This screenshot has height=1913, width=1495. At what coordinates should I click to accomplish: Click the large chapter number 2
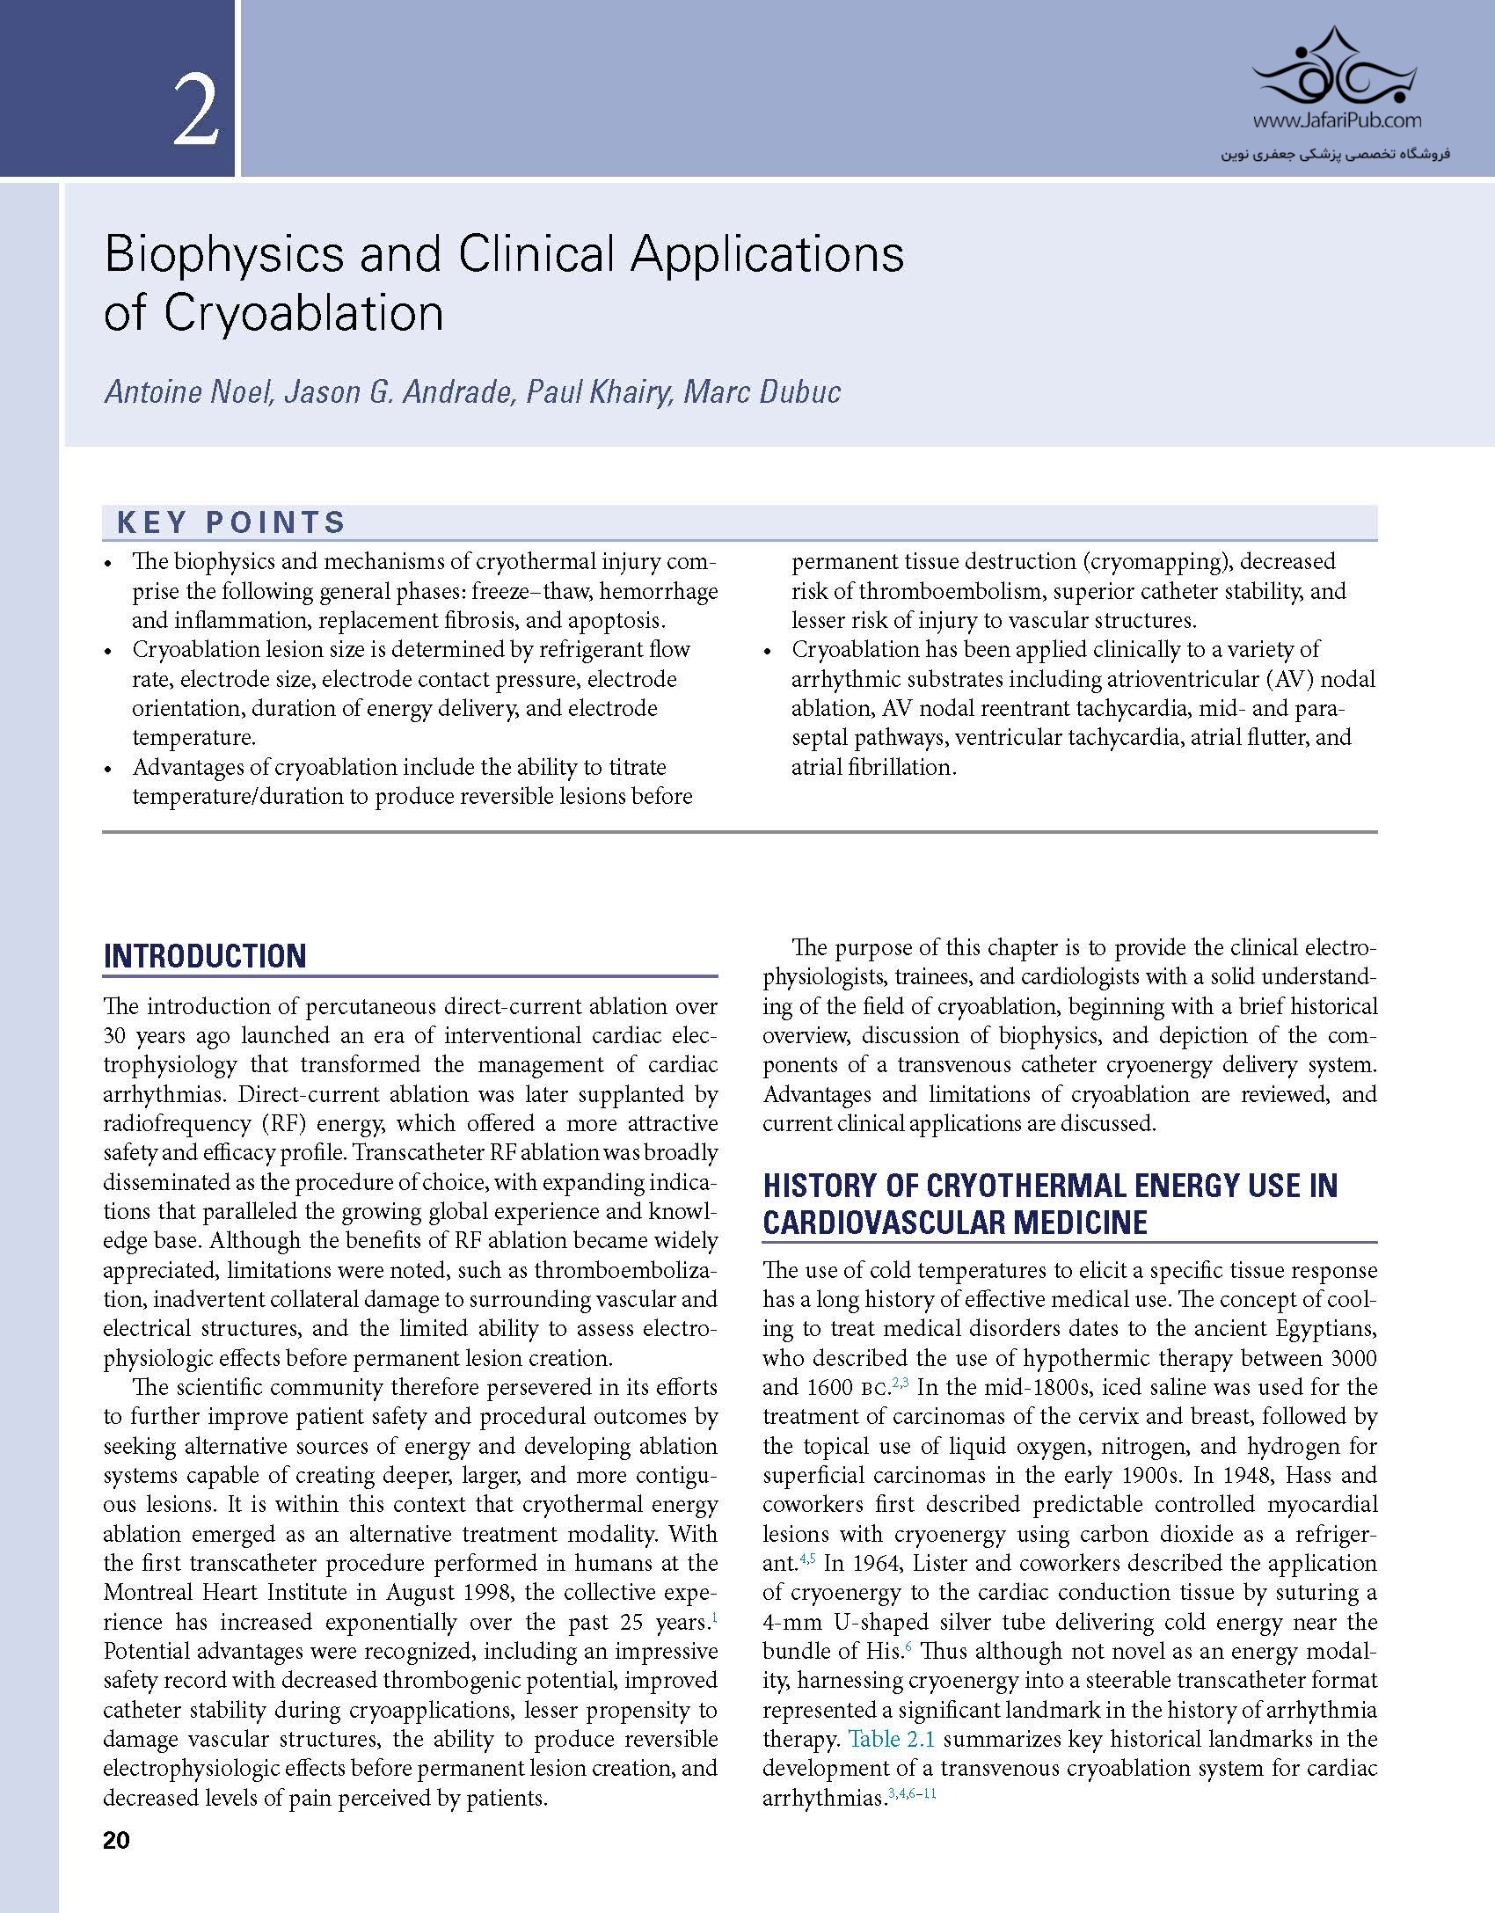pos(195,112)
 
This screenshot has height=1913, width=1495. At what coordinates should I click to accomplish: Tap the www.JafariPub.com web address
pos(1336,120)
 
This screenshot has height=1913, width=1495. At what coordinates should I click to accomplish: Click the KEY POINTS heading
pos(231,522)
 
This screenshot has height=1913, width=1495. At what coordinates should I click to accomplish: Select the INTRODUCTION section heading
pos(205,956)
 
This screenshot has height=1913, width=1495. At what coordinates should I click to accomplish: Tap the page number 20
pos(116,1841)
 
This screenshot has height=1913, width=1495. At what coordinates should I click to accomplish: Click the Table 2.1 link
pos(892,1739)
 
